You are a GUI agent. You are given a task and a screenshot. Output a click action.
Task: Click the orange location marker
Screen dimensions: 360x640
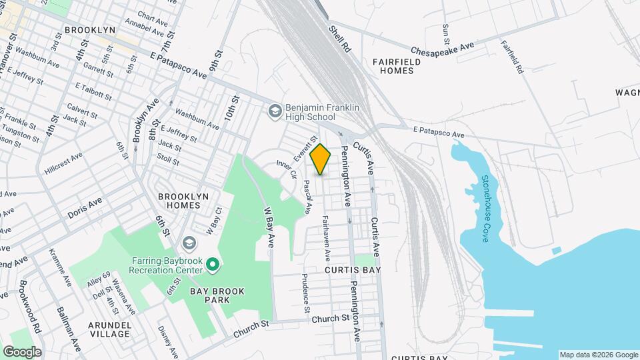321,159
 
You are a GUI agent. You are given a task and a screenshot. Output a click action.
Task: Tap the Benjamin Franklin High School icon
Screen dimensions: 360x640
274,111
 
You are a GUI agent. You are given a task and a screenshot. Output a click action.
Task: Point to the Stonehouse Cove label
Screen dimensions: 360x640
486,208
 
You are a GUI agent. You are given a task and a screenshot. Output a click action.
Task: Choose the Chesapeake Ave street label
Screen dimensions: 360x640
442,49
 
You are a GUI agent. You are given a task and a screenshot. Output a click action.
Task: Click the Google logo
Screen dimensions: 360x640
21,351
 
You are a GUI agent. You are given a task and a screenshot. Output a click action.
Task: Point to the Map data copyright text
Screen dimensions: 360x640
598,355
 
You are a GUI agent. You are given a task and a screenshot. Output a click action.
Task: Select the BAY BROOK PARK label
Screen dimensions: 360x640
218,295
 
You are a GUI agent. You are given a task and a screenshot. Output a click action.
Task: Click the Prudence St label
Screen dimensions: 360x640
306,293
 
